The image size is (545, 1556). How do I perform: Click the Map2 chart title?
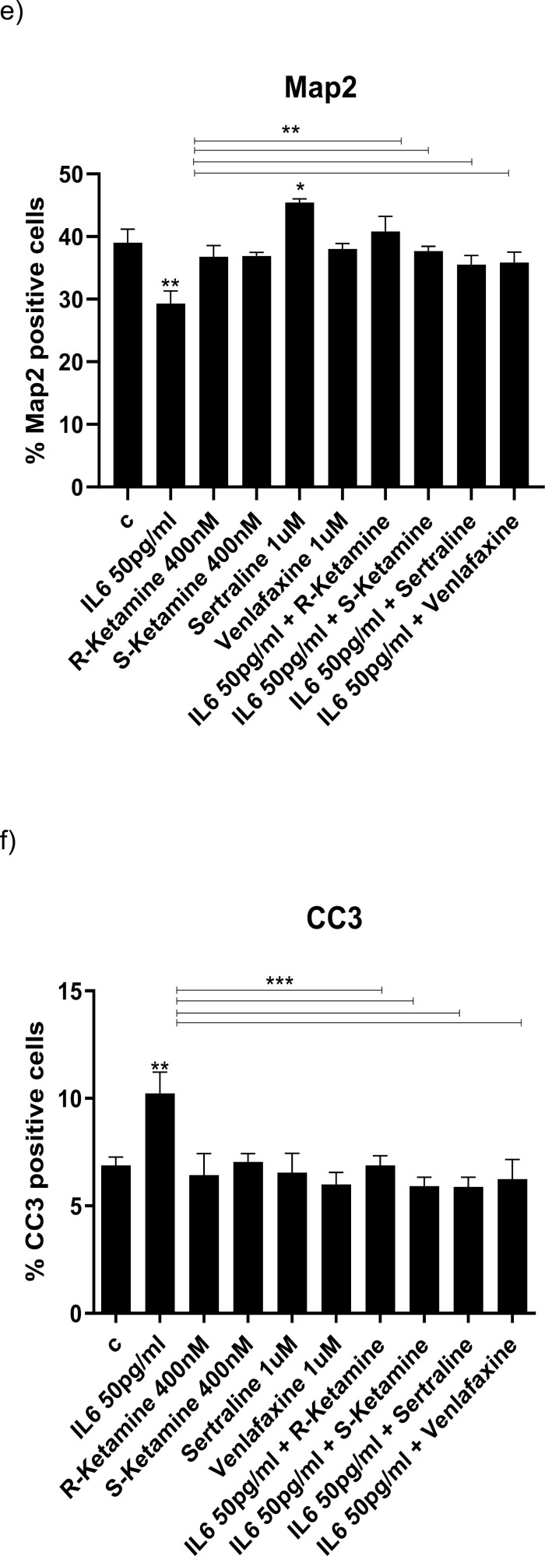pyautogui.click(x=321, y=86)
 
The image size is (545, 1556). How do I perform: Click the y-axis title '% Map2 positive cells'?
pyautogui.click(x=35, y=331)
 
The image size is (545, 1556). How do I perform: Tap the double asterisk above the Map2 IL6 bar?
pyautogui.click(x=171, y=283)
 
